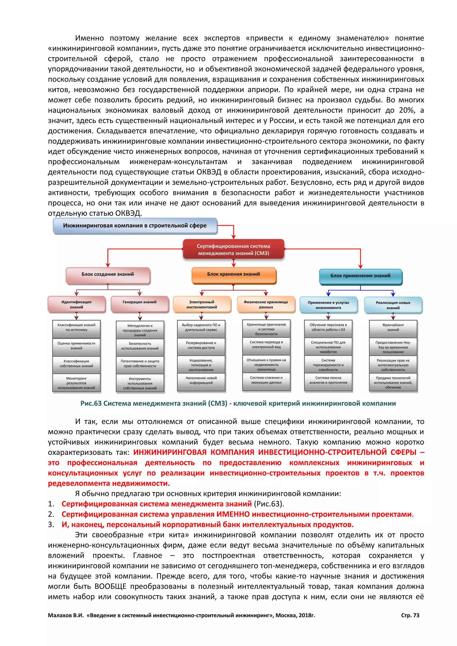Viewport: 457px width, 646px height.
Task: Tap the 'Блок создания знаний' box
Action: coord(108,274)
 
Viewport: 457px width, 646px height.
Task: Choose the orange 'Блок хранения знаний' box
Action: coord(234,274)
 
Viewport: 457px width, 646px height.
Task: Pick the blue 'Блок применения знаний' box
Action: coord(360,276)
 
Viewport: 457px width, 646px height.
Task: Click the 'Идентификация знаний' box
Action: coord(77,304)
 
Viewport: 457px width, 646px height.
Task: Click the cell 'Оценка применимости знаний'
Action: coord(77,346)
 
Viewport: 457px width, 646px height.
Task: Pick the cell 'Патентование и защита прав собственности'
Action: coord(140,364)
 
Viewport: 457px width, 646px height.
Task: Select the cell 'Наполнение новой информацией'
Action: coord(201,380)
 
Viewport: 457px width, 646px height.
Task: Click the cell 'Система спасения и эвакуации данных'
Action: coord(266,380)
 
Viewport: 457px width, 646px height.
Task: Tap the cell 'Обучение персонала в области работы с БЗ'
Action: coord(328,327)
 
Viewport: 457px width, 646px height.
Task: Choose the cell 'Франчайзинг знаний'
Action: coord(393,327)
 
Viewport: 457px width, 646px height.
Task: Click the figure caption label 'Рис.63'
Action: coord(91,404)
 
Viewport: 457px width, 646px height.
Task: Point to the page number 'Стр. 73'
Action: coord(410,615)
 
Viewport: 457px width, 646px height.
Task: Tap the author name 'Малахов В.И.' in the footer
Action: coord(66,615)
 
